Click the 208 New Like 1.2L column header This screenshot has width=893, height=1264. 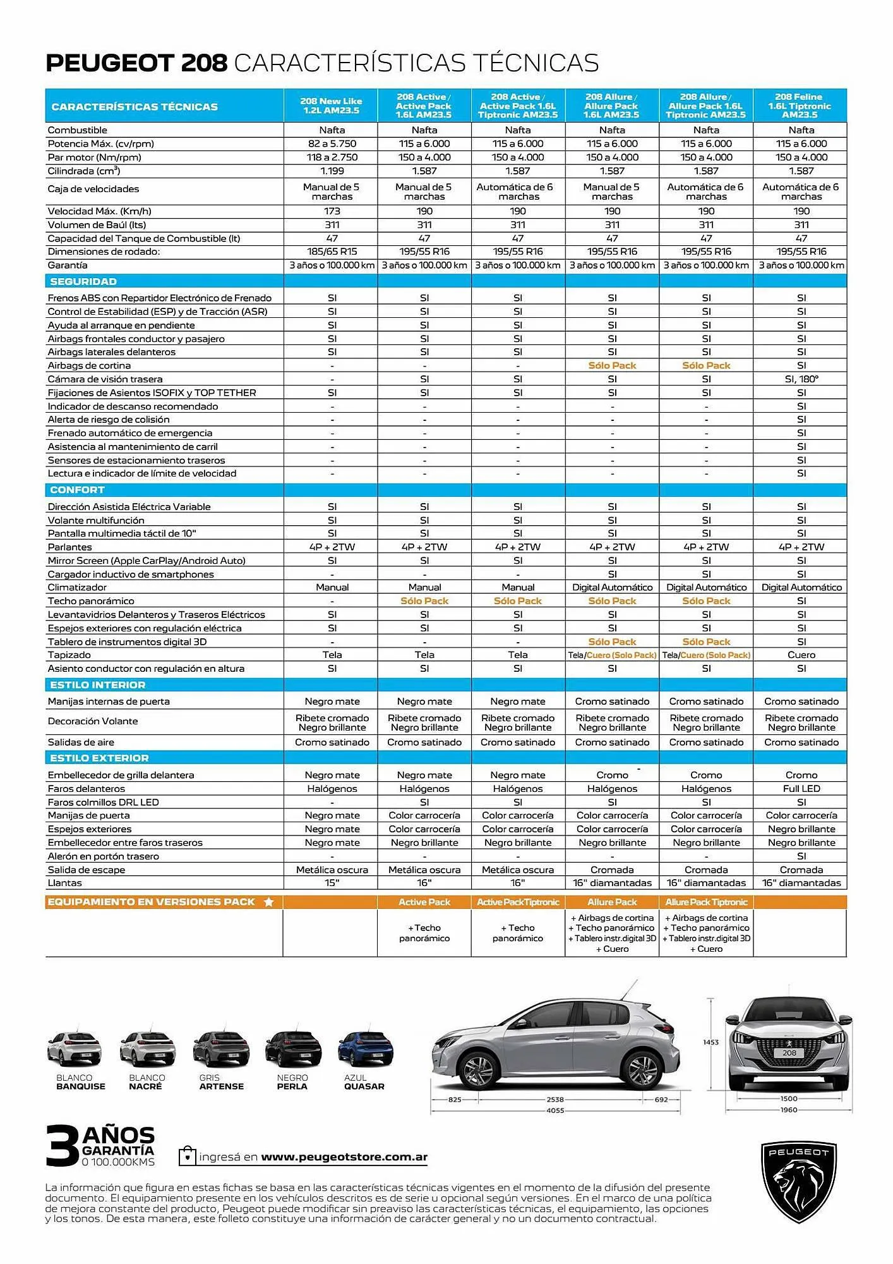click(331, 106)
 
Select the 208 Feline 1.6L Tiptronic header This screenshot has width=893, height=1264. click(800, 106)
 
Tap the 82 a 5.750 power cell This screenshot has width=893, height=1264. click(332, 144)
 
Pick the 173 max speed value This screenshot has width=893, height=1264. click(332, 211)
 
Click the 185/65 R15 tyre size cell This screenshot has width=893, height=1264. click(332, 252)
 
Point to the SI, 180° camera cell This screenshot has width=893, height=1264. click(801, 379)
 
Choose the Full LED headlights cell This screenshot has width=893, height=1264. click(801, 789)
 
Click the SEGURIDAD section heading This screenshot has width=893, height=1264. click(83, 282)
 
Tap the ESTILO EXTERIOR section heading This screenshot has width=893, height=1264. click(99, 758)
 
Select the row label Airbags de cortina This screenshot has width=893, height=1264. click(89, 366)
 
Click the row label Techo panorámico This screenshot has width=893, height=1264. click(91, 601)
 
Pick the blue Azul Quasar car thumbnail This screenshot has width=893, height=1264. click(365, 1048)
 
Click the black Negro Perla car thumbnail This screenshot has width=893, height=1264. click(293, 1048)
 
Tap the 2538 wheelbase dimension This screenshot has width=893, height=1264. click(555, 1100)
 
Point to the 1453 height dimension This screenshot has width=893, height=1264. click(710, 1042)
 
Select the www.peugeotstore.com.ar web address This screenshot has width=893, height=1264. click(344, 1157)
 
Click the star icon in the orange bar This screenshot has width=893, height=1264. click(268, 902)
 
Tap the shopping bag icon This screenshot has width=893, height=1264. click(187, 1156)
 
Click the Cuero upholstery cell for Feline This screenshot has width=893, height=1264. click(801, 655)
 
